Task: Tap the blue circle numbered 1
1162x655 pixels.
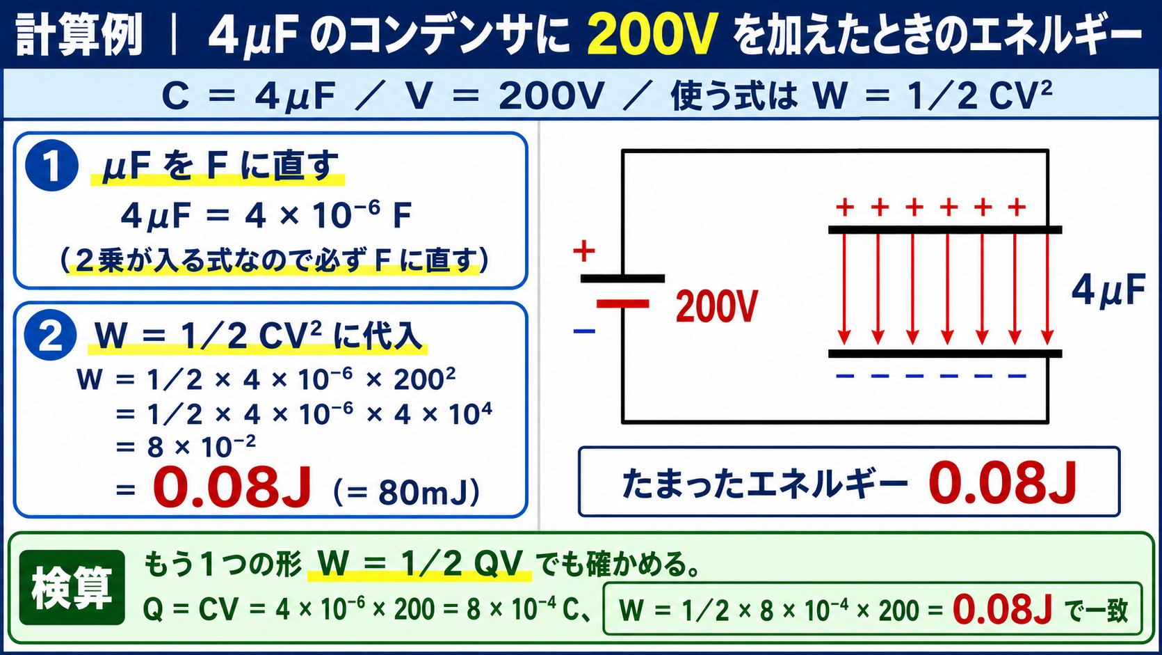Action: pos(52,165)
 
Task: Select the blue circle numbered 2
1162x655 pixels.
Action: pos(50,335)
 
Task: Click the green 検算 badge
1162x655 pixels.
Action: pos(72,587)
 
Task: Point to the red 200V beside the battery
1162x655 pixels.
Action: pos(717,307)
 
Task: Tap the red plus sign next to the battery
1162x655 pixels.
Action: pos(584,251)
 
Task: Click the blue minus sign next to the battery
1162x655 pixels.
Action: pos(584,331)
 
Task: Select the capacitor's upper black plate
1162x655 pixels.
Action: pos(945,230)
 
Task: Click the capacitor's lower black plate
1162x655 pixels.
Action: pos(945,354)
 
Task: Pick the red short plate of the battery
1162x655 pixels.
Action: pos(622,304)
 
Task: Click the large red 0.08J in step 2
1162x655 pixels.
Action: pos(232,487)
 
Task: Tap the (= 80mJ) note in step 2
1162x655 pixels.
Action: pos(406,492)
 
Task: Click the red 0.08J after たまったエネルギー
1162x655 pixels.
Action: pos(1003,482)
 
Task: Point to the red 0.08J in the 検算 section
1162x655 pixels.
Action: pos(1003,609)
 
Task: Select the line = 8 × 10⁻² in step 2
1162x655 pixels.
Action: pos(186,447)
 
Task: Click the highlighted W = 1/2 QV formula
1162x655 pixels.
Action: pos(419,564)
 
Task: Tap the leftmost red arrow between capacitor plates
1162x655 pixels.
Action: pos(844,289)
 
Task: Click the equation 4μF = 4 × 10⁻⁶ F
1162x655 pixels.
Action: pos(266,214)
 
